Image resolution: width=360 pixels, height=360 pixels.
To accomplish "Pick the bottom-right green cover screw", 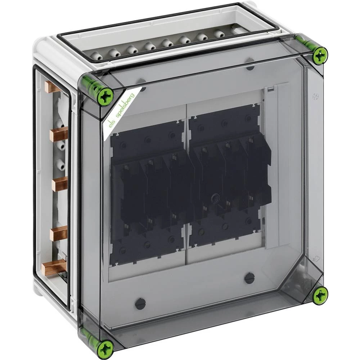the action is pos(320,294).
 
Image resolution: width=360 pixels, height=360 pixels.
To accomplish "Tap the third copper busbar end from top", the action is pos(60,184).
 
